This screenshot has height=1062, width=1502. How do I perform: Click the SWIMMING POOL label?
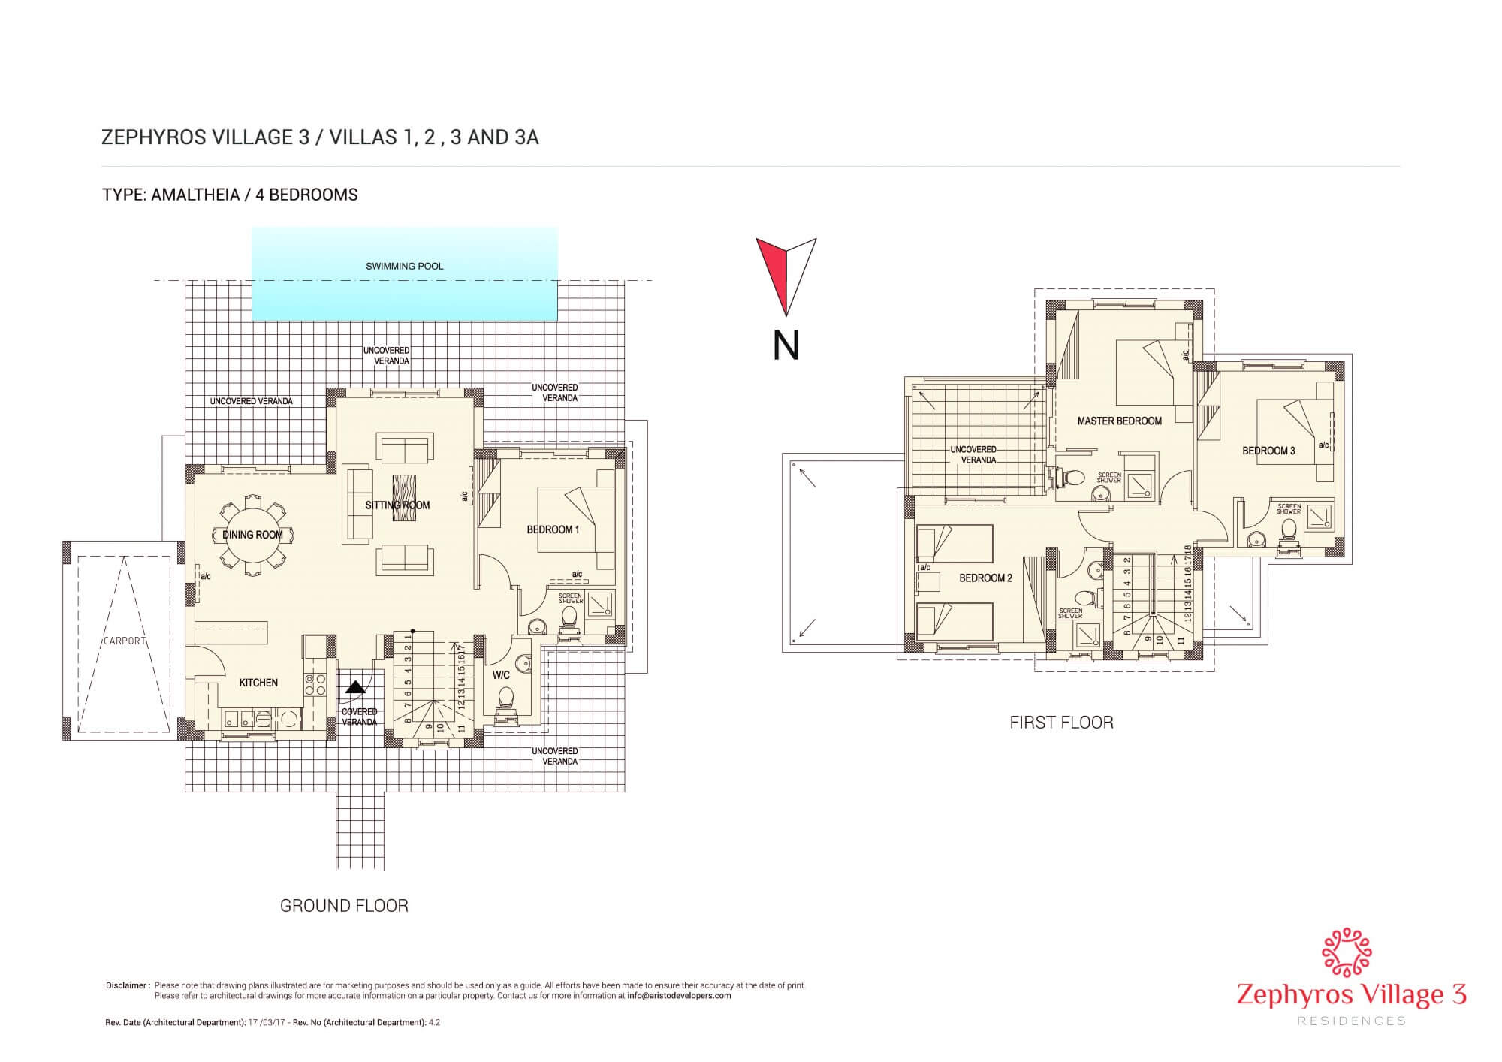click(404, 266)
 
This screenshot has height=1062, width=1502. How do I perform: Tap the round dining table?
click(252, 536)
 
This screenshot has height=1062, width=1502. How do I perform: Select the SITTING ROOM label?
click(397, 505)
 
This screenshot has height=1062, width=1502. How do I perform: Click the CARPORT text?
click(124, 641)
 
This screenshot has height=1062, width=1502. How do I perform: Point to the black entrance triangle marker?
click(355, 686)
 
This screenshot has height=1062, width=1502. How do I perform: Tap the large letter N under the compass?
click(786, 345)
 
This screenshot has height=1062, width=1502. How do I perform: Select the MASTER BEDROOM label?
click(1119, 421)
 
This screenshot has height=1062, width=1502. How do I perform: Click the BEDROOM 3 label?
click(1268, 451)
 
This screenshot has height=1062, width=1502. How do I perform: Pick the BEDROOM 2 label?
click(985, 578)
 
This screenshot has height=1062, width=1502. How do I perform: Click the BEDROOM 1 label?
click(553, 530)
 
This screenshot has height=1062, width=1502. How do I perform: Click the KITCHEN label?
click(258, 683)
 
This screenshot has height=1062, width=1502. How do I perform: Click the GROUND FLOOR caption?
click(344, 906)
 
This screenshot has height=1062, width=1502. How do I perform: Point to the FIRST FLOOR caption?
click(1061, 723)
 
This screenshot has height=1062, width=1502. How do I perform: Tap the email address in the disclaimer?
click(679, 996)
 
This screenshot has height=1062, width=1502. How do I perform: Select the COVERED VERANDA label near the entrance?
click(360, 717)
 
